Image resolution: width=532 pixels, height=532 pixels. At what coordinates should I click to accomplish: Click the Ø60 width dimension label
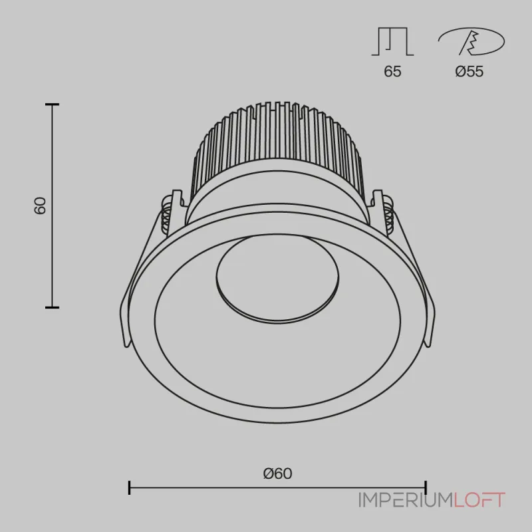pos(277,473)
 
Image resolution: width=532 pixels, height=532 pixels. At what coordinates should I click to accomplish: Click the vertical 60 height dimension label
pos(40,205)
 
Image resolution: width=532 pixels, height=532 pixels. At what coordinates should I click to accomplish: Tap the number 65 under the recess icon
pos(392,71)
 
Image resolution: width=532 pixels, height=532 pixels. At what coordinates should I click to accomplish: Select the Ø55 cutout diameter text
pos(469,71)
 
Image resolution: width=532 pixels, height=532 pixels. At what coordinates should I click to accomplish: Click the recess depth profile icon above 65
pos(392,41)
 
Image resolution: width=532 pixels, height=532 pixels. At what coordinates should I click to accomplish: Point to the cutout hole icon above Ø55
pos(471,41)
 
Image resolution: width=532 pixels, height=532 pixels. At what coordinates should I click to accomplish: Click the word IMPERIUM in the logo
pos(406,500)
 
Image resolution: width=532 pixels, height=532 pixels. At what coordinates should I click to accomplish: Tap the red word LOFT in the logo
pos(479,500)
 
